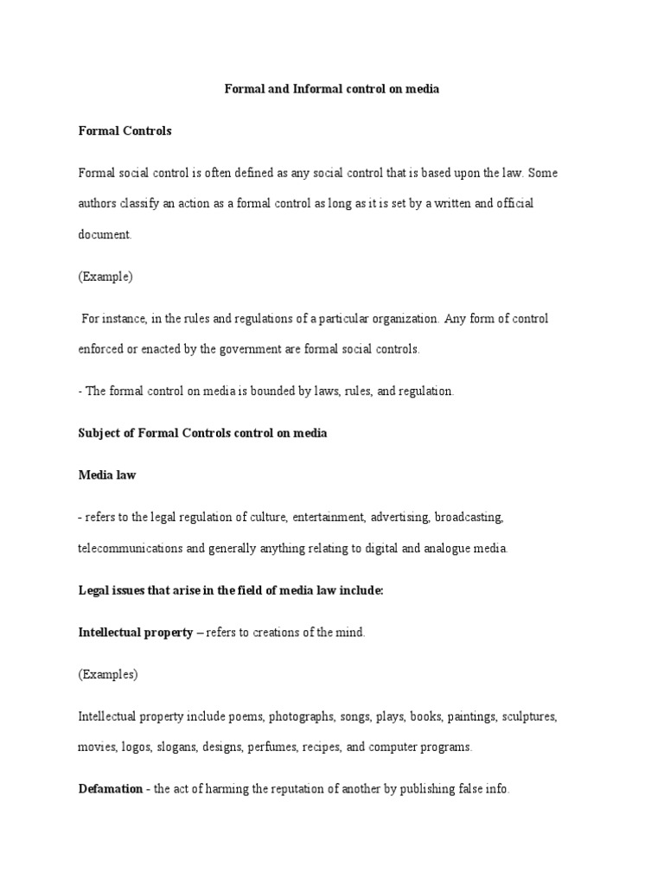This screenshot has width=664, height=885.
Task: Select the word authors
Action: click(99, 203)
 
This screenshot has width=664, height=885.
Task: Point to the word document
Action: click(104, 234)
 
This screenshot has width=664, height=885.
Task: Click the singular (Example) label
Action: click(105, 277)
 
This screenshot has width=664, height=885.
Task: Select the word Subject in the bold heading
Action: click(99, 433)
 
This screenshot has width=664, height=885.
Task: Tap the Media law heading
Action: click(107, 474)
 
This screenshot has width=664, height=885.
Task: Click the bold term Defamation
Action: click(110, 790)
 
